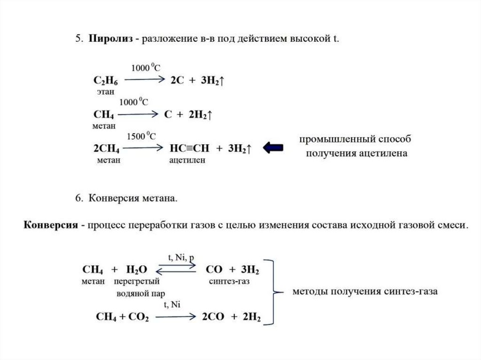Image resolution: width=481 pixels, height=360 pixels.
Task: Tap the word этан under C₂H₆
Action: point(105,92)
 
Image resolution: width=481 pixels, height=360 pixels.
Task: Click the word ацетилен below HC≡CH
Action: point(188,160)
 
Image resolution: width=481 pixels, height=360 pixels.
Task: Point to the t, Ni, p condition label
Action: point(181,258)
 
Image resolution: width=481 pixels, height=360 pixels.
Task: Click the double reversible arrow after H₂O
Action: point(176,269)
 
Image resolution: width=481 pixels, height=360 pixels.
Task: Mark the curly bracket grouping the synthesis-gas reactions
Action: point(274,291)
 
